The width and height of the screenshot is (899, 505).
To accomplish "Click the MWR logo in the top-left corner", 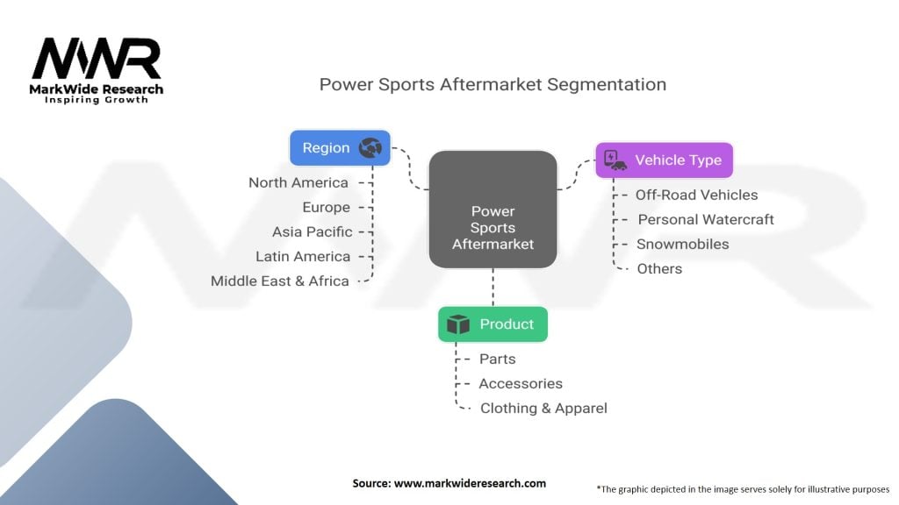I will pyautogui.click(x=97, y=60).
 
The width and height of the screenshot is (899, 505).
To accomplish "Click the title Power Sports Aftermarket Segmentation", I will pyautogui.click(x=493, y=84).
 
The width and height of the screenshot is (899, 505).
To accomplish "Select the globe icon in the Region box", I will pyautogui.click(x=370, y=148).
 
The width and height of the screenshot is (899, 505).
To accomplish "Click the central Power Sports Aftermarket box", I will pyautogui.click(x=493, y=210).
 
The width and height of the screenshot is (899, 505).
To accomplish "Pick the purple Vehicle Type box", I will pyautogui.click(x=664, y=160).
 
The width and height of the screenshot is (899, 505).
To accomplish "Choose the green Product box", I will pyautogui.click(x=493, y=324).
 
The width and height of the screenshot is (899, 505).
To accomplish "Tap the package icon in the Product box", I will pyautogui.click(x=458, y=324).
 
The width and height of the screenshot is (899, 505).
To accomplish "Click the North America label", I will pyautogui.click(x=298, y=182).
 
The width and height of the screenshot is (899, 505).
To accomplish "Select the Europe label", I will pyautogui.click(x=327, y=207).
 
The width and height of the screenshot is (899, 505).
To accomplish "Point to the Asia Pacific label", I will pyautogui.click(x=312, y=231).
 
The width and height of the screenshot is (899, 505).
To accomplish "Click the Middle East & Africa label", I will pyautogui.click(x=280, y=281).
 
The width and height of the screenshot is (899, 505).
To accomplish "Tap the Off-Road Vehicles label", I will pyautogui.click(x=696, y=195).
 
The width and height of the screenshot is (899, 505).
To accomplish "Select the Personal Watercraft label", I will pyautogui.click(x=706, y=219).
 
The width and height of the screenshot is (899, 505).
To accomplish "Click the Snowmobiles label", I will pyautogui.click(x=682, y=244).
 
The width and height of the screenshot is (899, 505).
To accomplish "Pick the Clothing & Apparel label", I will pyautogui.click(x=543, y=408).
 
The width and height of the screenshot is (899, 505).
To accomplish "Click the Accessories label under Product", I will pyautogui.click(x=521, y=383).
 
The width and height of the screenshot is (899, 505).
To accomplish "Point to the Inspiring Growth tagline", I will pyautogui.click(x=97, y=100).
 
